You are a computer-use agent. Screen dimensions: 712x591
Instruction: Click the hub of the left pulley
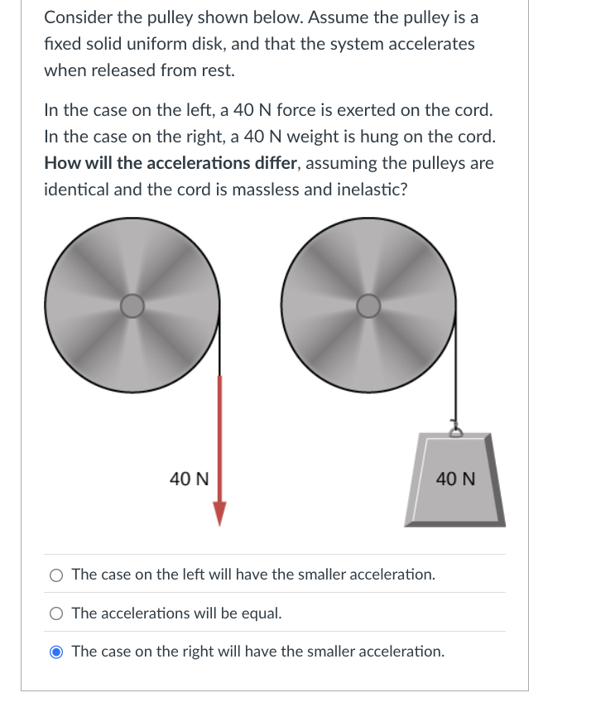(132, 306)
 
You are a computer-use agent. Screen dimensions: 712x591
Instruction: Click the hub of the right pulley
(368, 306)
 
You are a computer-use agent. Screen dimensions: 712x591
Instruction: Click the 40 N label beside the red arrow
(189, 479)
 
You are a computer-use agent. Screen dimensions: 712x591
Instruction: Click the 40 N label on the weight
(455, 479)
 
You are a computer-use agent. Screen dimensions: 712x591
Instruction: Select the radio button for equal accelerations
(56, 614)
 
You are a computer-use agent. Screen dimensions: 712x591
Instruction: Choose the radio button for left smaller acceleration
(56, 575)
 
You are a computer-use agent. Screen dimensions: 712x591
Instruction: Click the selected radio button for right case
(56, 652)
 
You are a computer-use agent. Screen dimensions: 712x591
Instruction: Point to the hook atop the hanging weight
(454, 429)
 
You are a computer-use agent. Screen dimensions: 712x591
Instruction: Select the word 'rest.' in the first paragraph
(215, 70)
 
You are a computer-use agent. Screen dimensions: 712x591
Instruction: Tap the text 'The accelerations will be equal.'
(176, 614)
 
